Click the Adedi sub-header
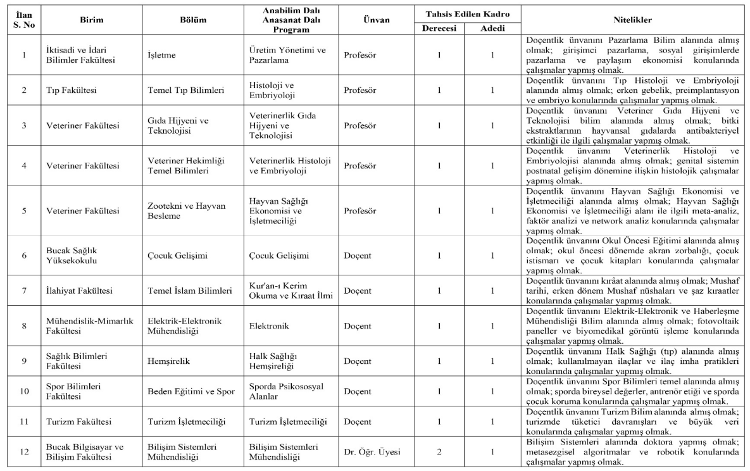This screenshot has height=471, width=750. click(x=492, y=28)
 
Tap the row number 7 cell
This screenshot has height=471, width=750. click(x=24, y=291)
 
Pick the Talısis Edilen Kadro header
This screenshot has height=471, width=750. click(x=466, y=14)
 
